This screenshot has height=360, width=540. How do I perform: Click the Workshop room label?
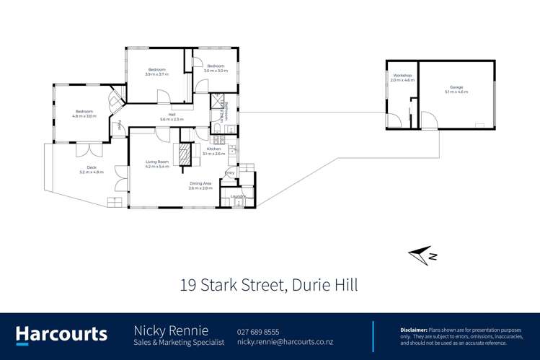(402, 76)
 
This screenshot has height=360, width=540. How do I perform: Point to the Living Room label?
(156, 164)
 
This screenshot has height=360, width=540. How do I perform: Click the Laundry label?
(239, 196)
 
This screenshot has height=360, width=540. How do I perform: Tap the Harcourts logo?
(62, 335)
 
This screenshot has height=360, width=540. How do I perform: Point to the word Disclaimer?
(414, 329)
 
